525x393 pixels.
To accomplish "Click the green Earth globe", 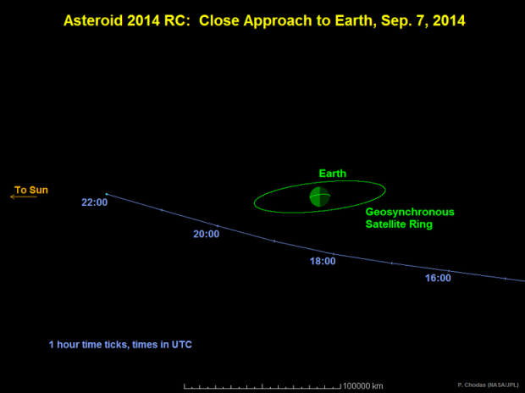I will point(319,196).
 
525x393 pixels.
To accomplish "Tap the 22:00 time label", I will point(94,202).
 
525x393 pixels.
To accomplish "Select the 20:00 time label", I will point(207,234).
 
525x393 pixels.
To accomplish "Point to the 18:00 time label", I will point(323,261).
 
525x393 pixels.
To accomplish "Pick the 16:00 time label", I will point(438,278).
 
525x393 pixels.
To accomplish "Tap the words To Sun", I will point(32,189).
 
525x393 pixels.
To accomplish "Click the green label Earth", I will point(332,174).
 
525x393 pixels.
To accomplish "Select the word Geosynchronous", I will point(410,212).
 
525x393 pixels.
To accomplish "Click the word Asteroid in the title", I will point(95,18).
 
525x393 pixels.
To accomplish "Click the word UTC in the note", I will point(191,345).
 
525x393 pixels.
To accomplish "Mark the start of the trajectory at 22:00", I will point(106,194).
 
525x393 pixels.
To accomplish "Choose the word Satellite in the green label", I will point(386,224).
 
